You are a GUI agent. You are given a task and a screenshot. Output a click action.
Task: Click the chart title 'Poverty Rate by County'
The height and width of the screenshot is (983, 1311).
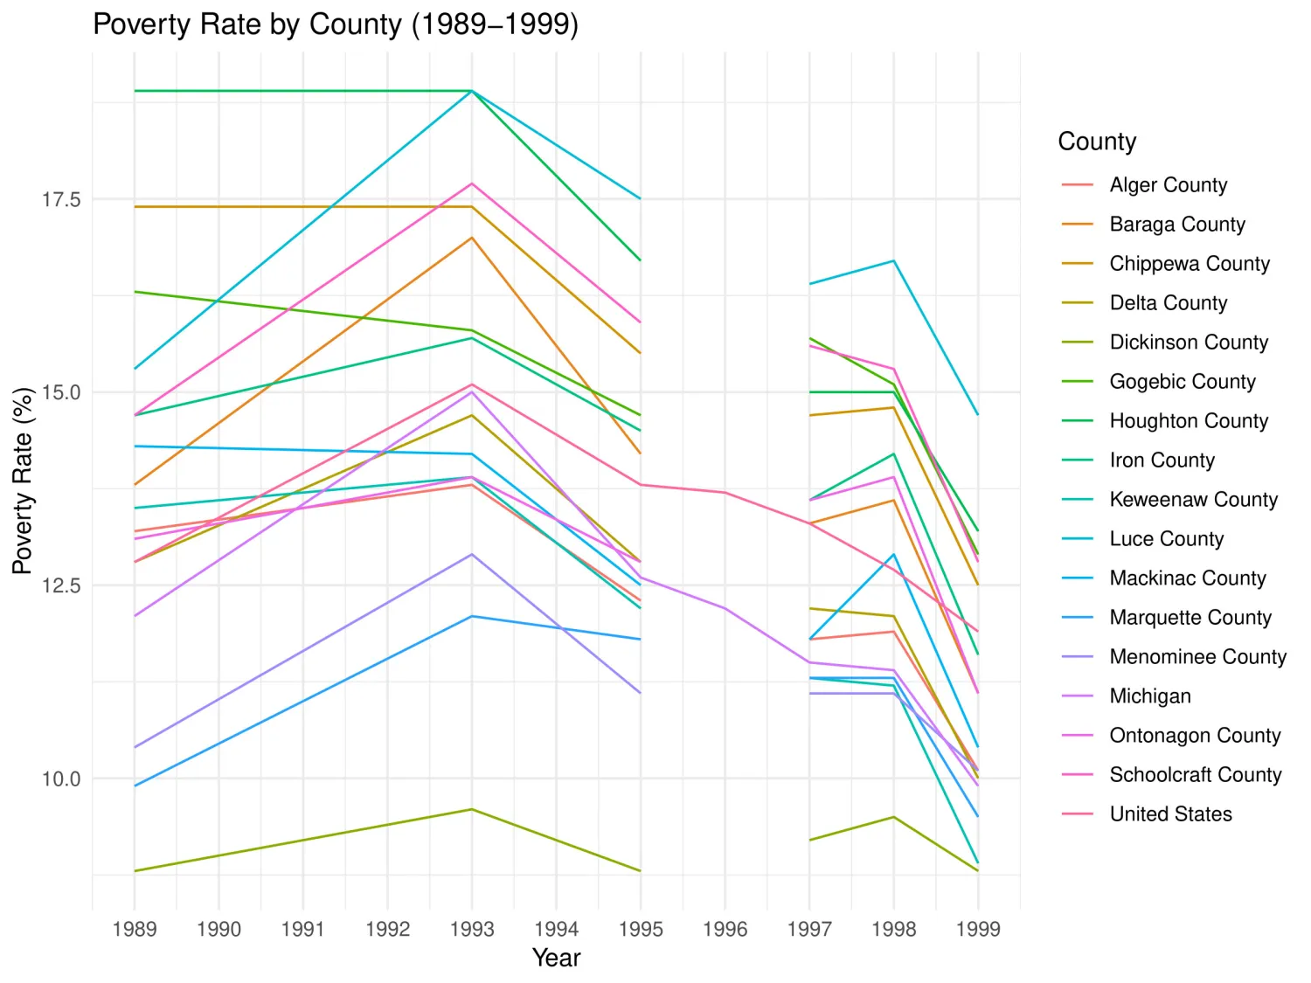point(336,24)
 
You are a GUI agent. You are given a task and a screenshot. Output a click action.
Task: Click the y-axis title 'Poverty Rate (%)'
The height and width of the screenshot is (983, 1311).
point(23,481)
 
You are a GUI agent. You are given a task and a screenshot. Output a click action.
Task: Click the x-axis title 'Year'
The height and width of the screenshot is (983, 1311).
point(556,958)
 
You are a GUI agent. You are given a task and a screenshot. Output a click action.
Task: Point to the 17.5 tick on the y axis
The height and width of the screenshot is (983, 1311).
point(61,199)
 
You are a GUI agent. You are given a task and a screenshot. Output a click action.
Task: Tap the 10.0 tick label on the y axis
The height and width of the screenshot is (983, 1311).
point(61,779)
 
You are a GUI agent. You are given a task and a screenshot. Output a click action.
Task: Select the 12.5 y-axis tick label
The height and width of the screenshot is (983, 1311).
point(61,585)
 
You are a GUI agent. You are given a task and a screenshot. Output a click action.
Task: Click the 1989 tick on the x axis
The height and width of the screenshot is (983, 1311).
point(135,929)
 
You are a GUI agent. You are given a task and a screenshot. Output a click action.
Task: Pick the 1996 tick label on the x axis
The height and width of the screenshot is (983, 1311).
point(725,929)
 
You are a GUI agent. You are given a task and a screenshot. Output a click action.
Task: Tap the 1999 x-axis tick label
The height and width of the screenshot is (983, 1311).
point(978,929)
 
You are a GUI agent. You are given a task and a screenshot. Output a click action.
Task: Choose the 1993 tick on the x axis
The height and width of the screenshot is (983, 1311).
point(472,929)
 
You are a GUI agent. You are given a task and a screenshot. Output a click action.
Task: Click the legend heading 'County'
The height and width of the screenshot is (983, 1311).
point(1097,142)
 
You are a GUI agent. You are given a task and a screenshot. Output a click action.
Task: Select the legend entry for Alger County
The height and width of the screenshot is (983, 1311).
point(1168,185)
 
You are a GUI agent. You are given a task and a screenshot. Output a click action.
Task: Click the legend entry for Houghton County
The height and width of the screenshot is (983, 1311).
point(1188,421)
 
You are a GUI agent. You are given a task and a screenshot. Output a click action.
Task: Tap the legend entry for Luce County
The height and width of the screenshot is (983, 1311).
point(1166,539)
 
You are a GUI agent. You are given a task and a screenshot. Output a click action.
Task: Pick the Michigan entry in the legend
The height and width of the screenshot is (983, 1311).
point(1150,696)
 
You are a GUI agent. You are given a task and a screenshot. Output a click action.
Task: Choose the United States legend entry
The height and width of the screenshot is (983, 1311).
point(1170,814)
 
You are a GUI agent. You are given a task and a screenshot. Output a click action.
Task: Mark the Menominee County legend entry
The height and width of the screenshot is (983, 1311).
point(1197,657)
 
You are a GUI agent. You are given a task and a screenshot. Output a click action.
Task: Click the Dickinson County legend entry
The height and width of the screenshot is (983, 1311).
point(1188,343)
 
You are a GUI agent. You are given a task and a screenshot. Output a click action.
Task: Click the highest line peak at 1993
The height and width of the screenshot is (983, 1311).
point(472,91)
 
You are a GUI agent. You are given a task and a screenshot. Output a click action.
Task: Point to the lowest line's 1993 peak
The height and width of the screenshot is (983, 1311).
point(472,809)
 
